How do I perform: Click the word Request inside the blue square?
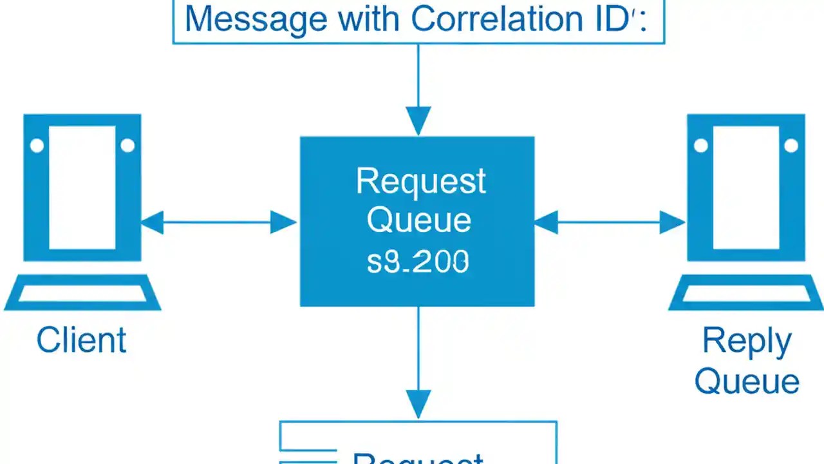(420, 181)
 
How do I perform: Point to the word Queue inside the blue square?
(418, 220)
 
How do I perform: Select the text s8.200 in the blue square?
(418, 262)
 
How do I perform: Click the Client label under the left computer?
(81, 340)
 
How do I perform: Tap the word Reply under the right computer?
(747, 341)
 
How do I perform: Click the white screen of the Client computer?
(82, 187)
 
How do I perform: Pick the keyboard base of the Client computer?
(82, 293)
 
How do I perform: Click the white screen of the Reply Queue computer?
(746, 187)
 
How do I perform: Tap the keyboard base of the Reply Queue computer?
(746, 293)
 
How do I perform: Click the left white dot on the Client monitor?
(37, 146)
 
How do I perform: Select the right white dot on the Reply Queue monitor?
(791, 146)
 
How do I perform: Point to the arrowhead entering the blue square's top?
(418, 121)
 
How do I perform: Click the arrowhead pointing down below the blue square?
(418, 405)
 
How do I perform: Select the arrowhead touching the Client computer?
(152, 223)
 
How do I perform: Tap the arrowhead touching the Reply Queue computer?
(673, 223)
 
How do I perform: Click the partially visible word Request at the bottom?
(418, 458)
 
